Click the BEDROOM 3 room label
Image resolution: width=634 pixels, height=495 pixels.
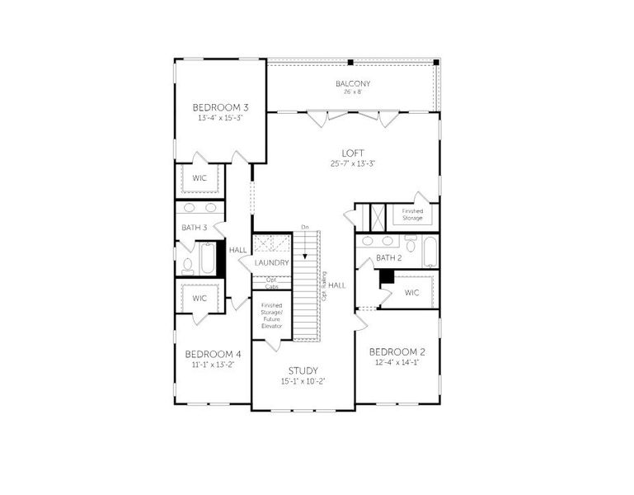pyautogui.click(x=220, y=107)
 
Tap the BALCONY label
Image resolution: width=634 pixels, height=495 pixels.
pyautogui.click(x=352, y=83)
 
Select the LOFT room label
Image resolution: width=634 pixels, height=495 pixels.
pyautogui.click(x=354, y=153)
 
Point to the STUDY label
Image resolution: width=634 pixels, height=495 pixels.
pyautogui.click(x=303, y=370)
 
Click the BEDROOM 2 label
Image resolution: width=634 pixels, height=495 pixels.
pyautogui.click(x=396, y=351)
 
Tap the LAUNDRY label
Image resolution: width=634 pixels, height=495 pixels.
pyautogui.click(x=272, y=262)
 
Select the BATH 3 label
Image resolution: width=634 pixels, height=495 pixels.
pyautogui.click(x=195, y=228)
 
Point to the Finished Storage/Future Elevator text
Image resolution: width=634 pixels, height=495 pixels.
pyautogui.click(x=272, y=315)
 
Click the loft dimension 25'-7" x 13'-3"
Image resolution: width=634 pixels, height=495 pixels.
pyautogui.click(x=354, y=163)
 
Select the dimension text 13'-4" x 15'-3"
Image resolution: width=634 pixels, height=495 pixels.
pyautogui.click(x=220, y=118)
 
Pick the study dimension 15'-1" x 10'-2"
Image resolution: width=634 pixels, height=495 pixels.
pyautogui.click(x=303, y=381)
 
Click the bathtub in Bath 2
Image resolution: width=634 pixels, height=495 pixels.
pyautogui.click(x=430, y=251)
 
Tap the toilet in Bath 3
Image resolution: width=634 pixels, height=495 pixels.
pyautogui.click(x=187, y=266)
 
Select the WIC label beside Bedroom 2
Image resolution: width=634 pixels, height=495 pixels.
pyautogui.click(x=412, y=293)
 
